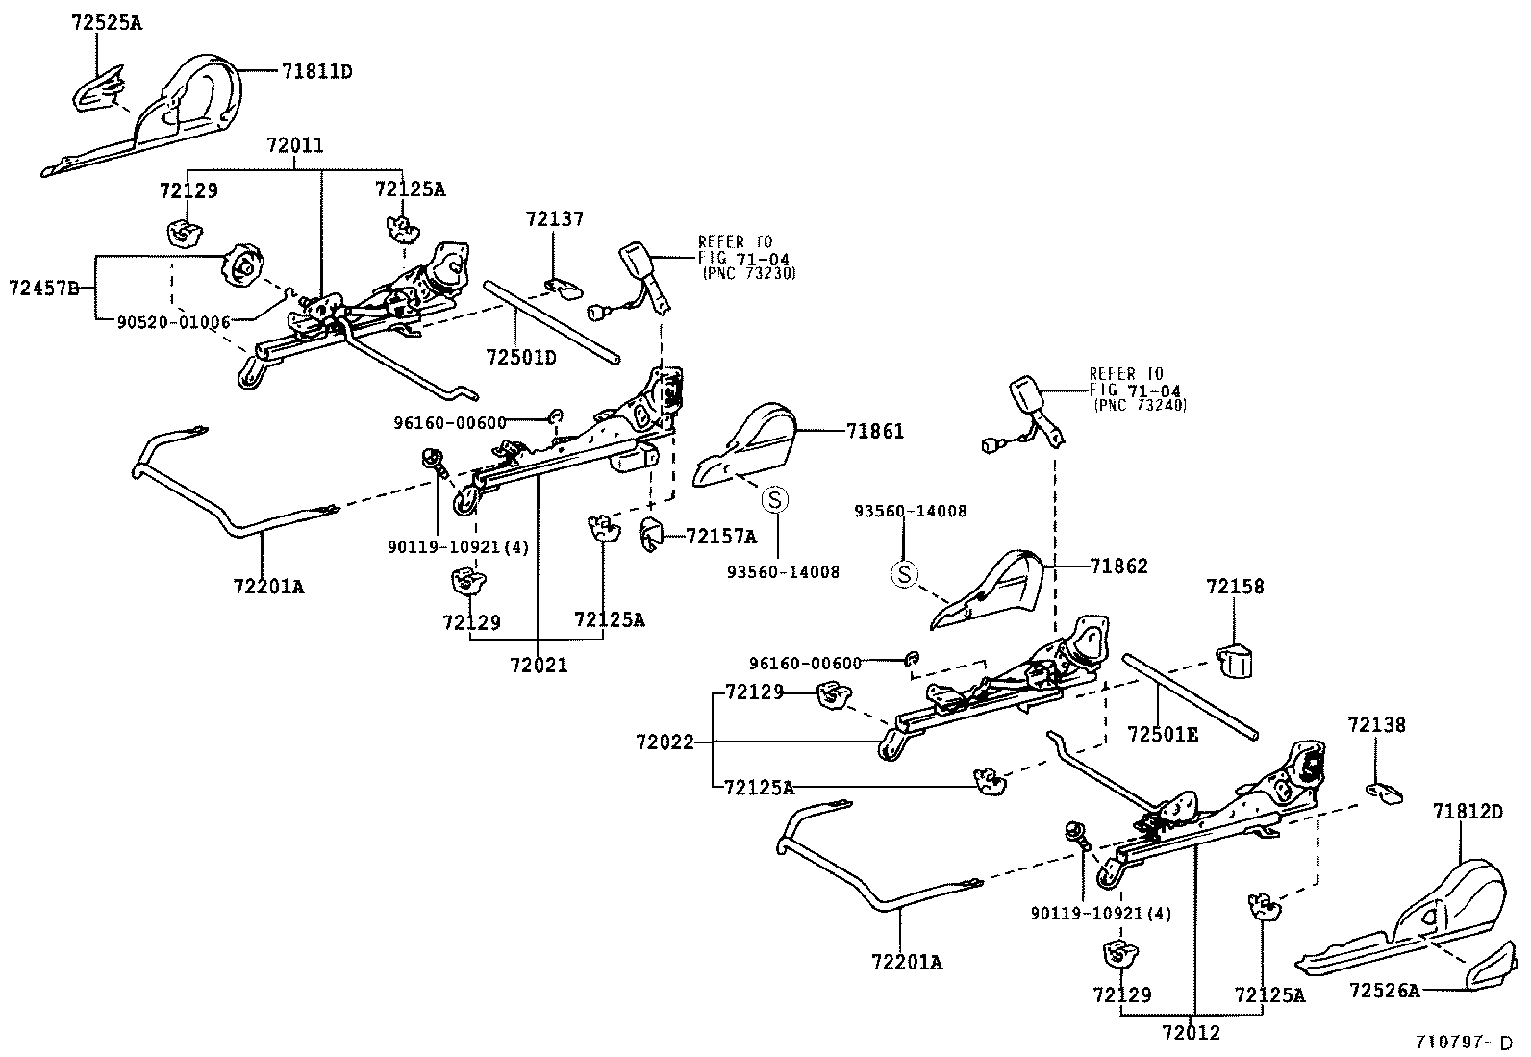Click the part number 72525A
point(106,22)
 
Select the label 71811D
point(317,71)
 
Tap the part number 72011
point(295,146)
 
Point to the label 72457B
point(43,287)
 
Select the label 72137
point(555,219)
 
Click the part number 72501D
point(521,358)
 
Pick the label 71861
point(875,432)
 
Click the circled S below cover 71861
point(775,499)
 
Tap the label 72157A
point(721,537)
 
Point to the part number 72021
point(539,665)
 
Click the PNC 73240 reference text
point(1140,406)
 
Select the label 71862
point(1119,566)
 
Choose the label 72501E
point(1164,735)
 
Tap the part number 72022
point(664,742)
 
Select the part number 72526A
point(1384,990)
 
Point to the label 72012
point(1191,1033)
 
